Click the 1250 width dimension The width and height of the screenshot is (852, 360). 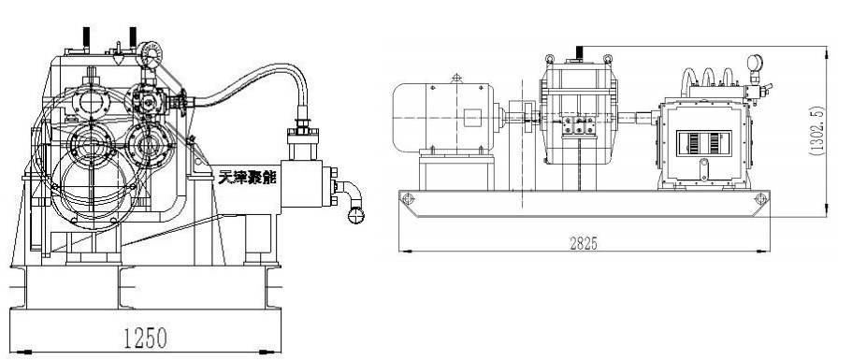point(145,338)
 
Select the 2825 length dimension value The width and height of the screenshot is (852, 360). point(585,244)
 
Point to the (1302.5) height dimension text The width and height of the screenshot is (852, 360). point(816,131)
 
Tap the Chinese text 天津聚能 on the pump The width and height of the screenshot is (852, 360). point(247,177)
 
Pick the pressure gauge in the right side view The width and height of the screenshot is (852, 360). point(755,63)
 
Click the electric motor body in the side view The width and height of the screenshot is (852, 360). point(443,117)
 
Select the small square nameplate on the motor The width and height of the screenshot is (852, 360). point(472,117)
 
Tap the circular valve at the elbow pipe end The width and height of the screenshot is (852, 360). point(356,216)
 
